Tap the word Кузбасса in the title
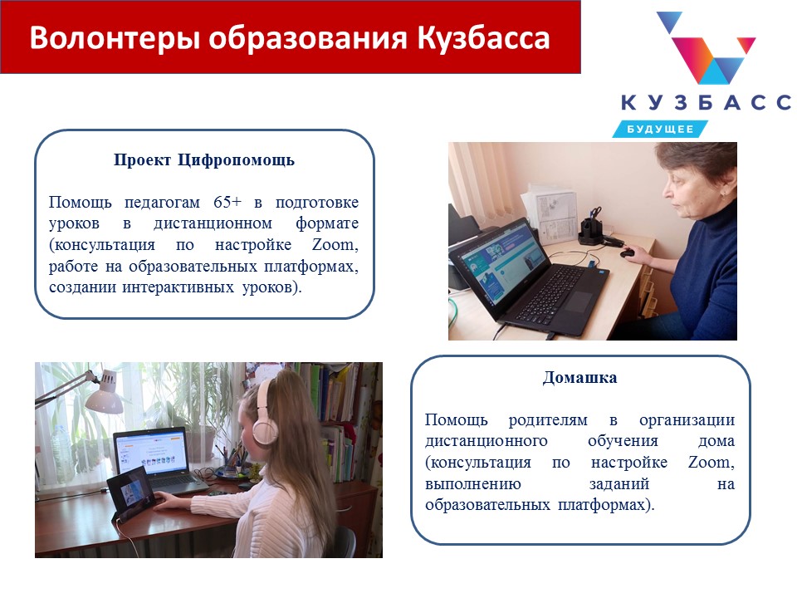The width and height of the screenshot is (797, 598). (483, 37)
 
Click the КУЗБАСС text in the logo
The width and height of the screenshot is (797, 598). (706, 102)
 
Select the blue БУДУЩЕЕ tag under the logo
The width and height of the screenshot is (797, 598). (660, 130)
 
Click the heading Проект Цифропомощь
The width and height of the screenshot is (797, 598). (204, 159)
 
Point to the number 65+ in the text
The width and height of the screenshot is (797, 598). (227, 202)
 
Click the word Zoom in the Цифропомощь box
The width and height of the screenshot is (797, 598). (335, 244)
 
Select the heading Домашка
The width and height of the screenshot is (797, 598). (580, 378)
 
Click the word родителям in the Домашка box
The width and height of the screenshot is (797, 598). (548, 420)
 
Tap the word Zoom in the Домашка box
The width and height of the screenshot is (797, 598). (711, 463)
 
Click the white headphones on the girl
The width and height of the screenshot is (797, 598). (265, 414)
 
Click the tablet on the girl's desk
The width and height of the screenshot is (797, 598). (130, 491)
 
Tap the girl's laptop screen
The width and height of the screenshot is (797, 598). (150, 451)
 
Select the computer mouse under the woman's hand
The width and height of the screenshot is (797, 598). (628, 252)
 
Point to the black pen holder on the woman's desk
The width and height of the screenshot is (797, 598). (590, 231)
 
